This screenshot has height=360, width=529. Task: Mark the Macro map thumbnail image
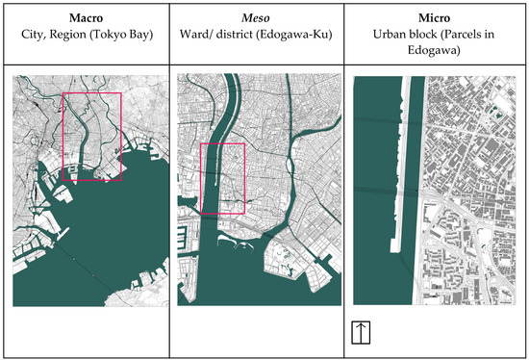(x=88, y=190)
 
